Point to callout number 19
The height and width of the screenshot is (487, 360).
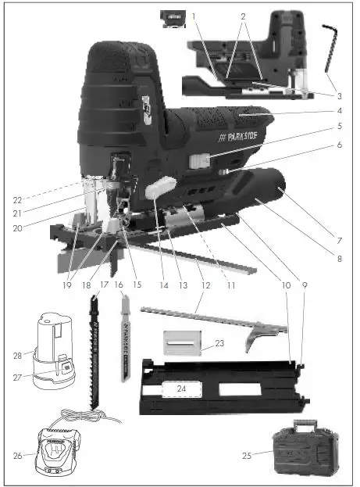point(71,286)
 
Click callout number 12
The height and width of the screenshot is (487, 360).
point(205,286)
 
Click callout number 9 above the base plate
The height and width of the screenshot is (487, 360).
point(305,286)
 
